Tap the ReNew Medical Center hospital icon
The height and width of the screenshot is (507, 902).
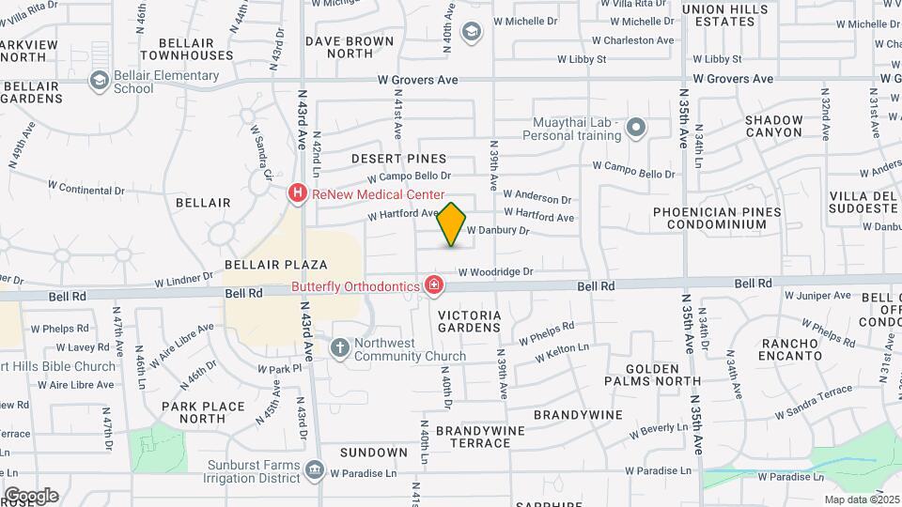(297, 194)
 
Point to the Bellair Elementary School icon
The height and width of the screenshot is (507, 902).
(99, 82)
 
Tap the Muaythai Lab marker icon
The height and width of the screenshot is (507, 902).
(637, 128)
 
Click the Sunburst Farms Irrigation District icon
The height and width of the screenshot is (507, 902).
(315, 469)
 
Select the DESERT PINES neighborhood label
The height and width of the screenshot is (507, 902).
(399, 159)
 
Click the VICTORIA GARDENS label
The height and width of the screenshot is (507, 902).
(470, 321)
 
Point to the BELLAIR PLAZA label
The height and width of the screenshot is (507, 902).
(275, 265)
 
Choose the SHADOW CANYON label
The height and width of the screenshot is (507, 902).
(773, 126)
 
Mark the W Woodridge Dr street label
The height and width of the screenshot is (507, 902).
(495, 272)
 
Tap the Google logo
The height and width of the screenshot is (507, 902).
(32, 495)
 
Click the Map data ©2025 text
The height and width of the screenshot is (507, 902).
(861, 499)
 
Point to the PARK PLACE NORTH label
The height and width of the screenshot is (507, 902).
(203, 413)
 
